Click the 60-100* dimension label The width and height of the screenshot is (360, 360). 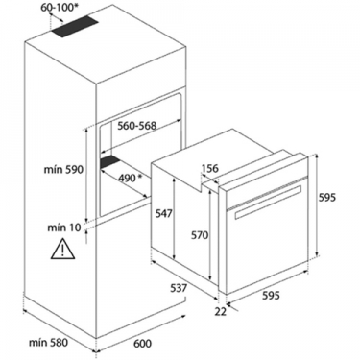click(60, 8)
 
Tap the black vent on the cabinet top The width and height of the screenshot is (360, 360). click(74, 26)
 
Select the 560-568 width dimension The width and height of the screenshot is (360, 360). click(137, 126)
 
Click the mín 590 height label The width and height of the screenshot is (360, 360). click(63, 170)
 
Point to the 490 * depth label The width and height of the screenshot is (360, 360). click(131, 178)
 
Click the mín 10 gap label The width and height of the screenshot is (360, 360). click(64, 228)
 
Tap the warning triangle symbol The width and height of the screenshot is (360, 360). click(62, 249)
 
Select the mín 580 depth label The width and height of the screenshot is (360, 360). click(49, 343)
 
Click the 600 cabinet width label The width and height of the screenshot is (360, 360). click(142, 344)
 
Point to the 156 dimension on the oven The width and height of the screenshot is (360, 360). click(209, 168)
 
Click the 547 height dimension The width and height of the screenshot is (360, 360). click(164, 213)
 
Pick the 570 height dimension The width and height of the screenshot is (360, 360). click(200, 235)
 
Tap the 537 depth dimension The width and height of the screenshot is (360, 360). click(178, 288)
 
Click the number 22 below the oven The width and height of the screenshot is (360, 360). click(221, 311)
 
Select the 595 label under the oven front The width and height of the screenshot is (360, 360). click(271, 295)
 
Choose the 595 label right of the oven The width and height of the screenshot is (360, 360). click(327, 198)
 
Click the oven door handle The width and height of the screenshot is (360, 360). click(268, 203)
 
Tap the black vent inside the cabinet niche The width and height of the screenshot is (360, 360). click(109, 162)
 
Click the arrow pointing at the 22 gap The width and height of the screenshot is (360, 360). click(233, 307)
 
